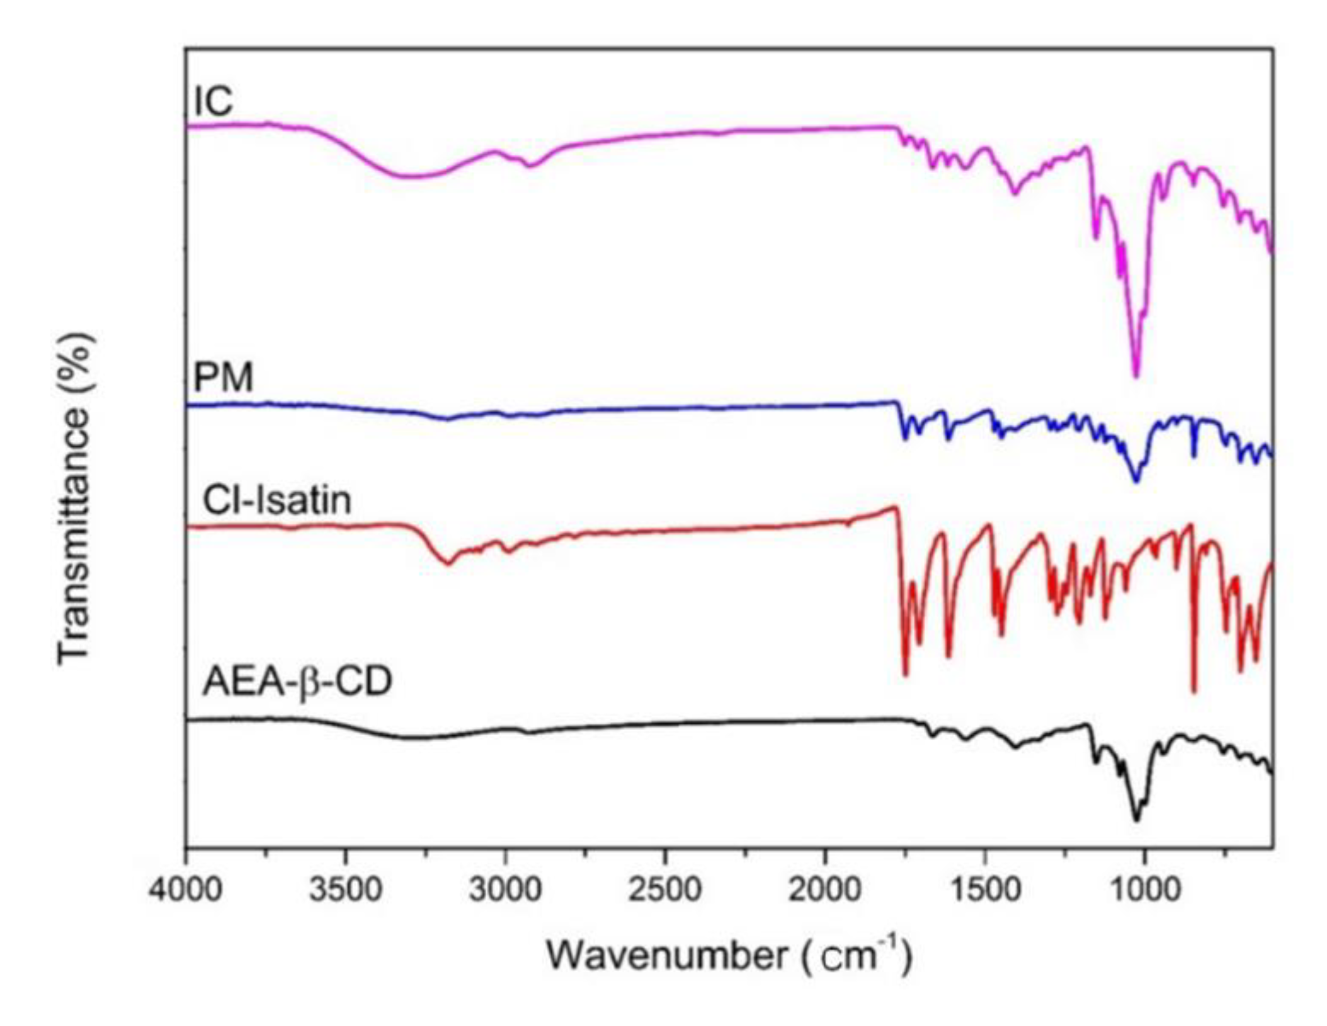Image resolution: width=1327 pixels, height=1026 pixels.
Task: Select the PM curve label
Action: pos(222,379)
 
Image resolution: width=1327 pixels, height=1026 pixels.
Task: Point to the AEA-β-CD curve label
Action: pos(297,682)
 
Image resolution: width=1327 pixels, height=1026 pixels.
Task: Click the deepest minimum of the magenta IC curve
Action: pos(1136,376)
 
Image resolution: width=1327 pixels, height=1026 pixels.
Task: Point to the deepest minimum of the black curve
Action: pos(1136,820)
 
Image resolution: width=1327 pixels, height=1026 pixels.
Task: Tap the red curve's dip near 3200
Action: pos(448,563)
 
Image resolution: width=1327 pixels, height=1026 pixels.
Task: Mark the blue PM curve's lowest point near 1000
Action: pos(1136,482)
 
